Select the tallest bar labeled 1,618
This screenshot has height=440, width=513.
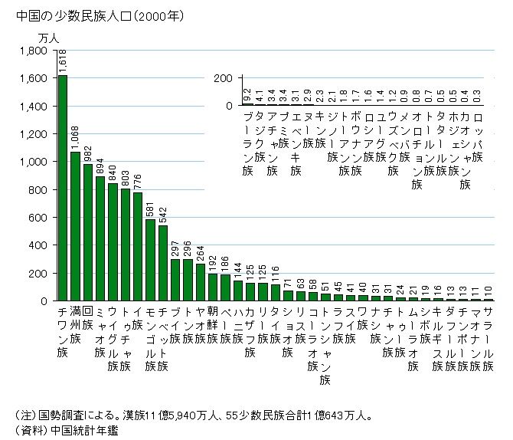(x=63, y=188)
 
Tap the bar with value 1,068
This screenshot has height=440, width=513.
(x=75, y=226)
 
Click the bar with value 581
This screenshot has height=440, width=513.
(x=150, y=261)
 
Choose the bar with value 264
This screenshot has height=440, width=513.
(x=200, y=282)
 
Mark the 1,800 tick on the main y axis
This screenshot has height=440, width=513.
(x=35, y=51)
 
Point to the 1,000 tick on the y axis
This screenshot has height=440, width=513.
(x=35, y=162)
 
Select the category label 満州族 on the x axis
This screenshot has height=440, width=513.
(x=75, y=323)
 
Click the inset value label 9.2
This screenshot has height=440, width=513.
(x=247, y=95)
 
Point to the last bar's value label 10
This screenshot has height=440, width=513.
(x=488, y=291)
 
